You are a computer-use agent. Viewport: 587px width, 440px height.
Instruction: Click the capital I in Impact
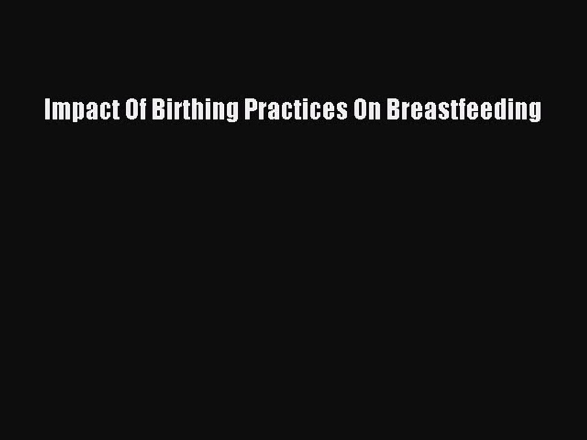pos(47,110)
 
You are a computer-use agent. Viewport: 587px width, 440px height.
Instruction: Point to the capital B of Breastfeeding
pos(392,110)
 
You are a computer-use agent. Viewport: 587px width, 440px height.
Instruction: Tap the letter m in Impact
pos(59,112)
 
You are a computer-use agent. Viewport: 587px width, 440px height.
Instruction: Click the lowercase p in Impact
pos(73,113)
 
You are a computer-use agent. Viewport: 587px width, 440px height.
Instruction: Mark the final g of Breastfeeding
pos(536,113)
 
